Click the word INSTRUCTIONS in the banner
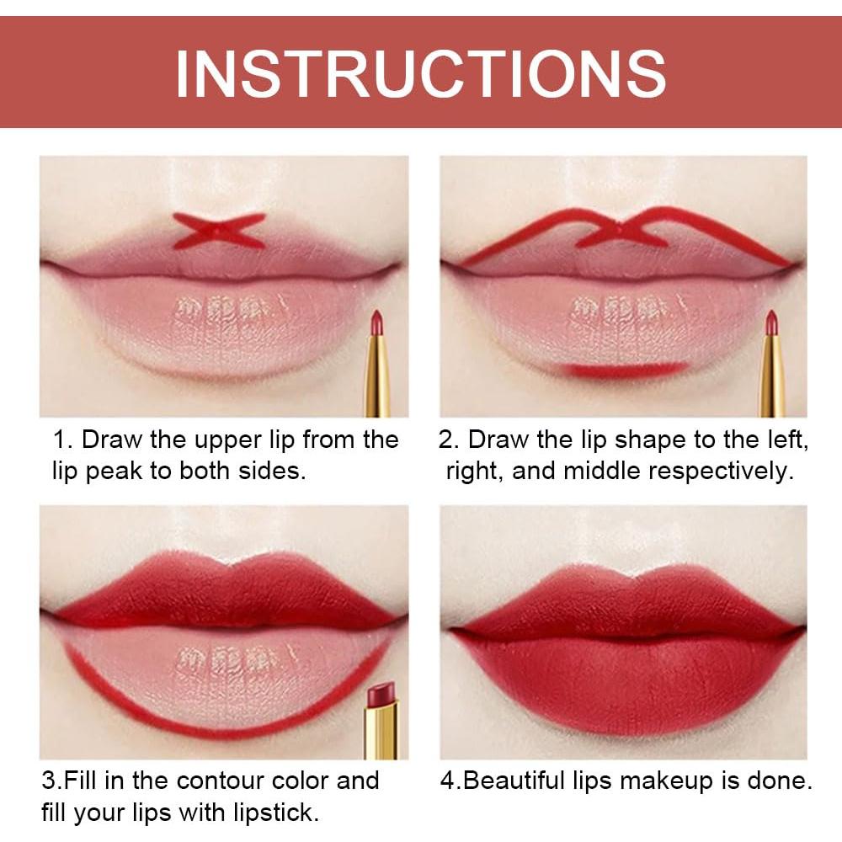point(420,72)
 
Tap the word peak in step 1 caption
point(117,471)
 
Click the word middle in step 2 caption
point(603,471)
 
